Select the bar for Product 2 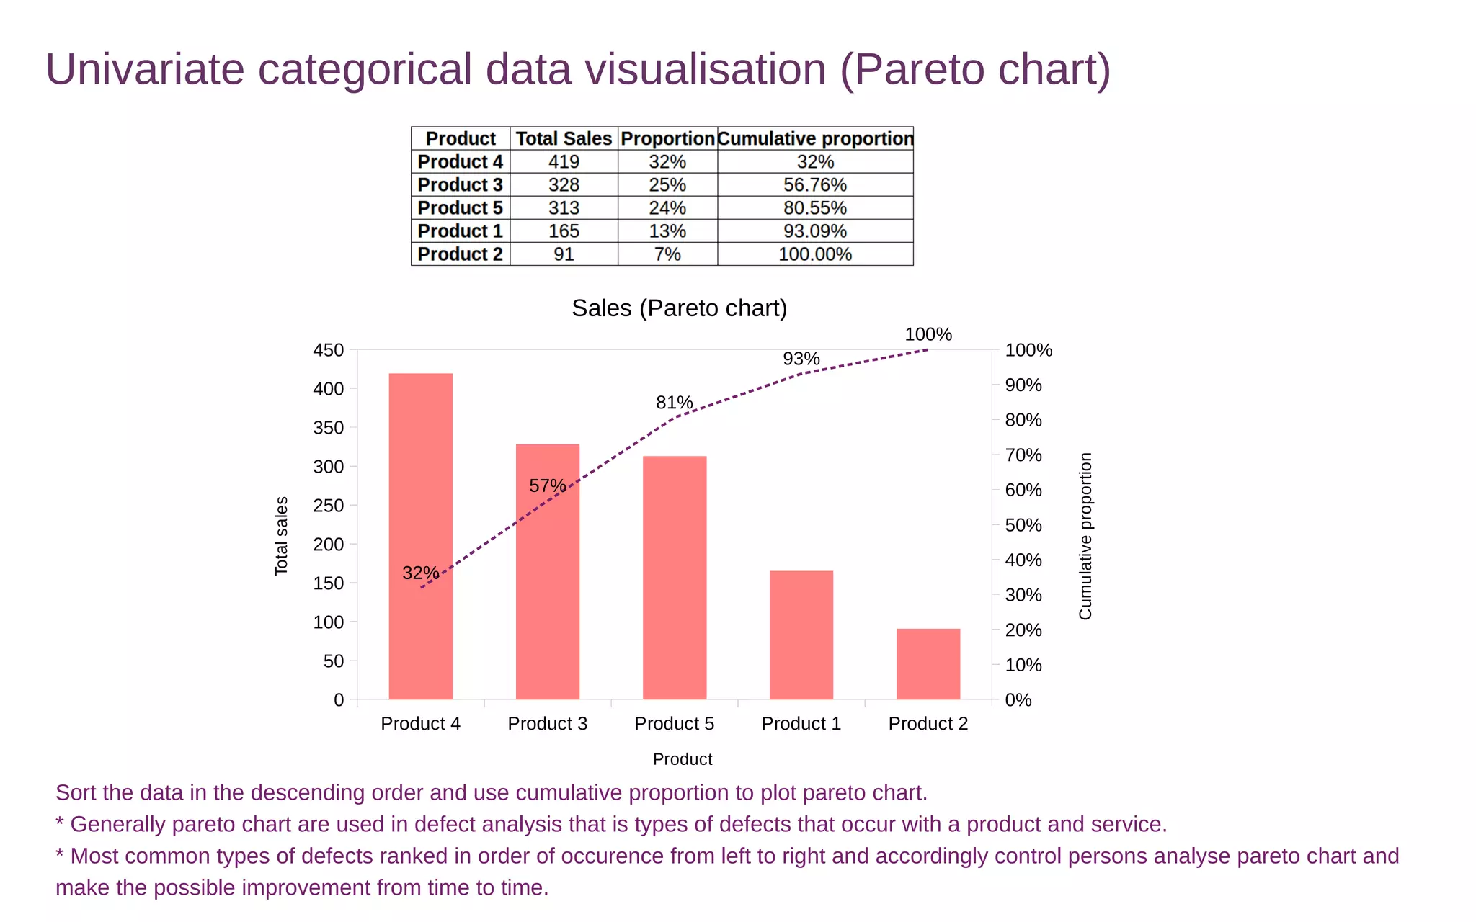[928, 663]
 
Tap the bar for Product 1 [801, 635]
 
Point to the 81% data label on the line [674, 403]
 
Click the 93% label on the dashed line [801, 359]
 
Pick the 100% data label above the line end [928, 334]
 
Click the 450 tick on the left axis [328, 350]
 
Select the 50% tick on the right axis [1023, 525]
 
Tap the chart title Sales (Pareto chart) [679, 308]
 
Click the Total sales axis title [281, 536]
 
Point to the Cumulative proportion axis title [1085, 536]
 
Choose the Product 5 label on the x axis [674, 723]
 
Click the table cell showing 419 [564, 161]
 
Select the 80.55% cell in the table [814, 207]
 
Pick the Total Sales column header [564, 138]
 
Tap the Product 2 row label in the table [460, 254]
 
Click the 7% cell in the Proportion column [667, 254]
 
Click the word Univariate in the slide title [144, 69]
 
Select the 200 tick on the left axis [328, 545]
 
